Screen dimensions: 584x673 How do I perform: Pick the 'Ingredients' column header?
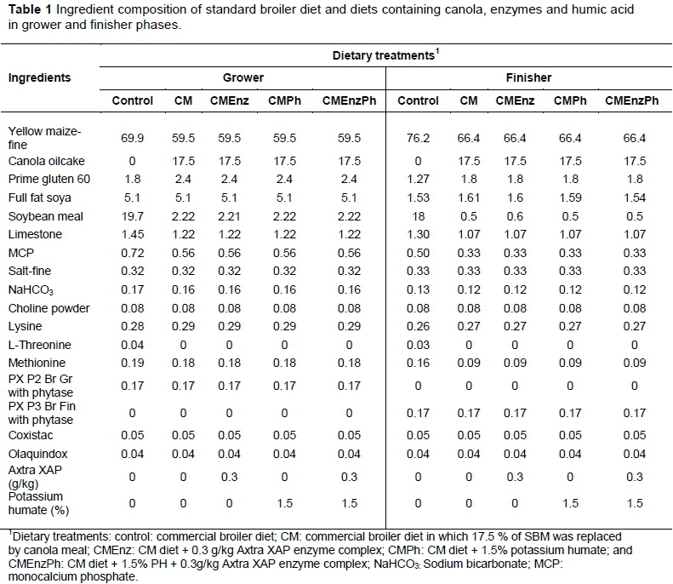coord(39,77)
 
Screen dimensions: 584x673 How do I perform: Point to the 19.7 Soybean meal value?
coord(133,216)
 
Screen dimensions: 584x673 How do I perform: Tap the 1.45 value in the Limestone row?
coord(133,233)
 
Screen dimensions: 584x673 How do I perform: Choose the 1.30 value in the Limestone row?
coord(419,233)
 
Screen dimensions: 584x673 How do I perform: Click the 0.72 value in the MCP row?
coord(133,253)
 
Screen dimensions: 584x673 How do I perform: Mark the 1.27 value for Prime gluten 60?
coord(419,179)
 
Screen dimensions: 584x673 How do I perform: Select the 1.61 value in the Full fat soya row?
coord(469,198)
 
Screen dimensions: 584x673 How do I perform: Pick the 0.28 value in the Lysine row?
coord(133,326)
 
